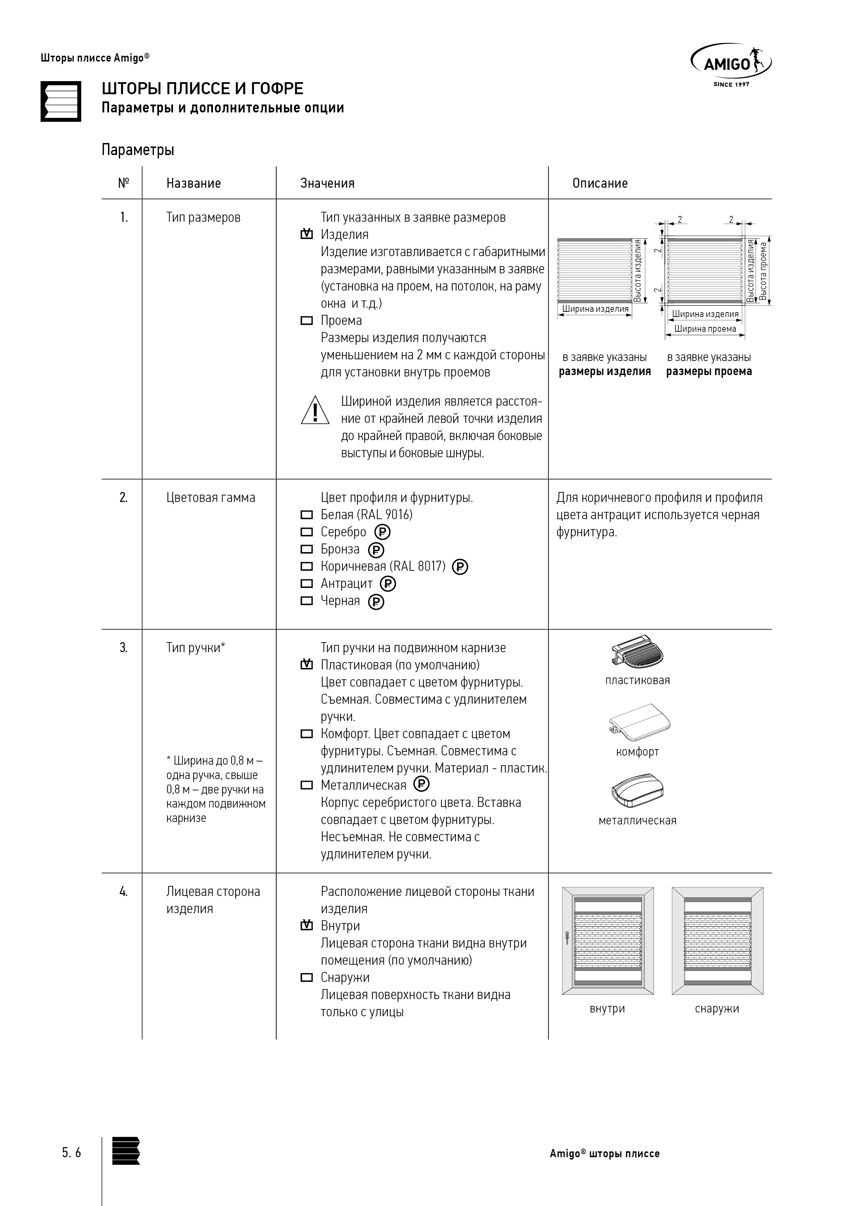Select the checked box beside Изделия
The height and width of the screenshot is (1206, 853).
point(306,234)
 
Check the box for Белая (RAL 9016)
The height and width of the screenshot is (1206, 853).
point(306,515)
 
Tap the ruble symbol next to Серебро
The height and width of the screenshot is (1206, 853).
point(382,533)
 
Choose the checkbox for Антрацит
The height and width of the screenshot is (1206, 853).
point(306,583)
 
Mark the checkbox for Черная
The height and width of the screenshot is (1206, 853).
point(306,601)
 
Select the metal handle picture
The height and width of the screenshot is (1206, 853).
point(638,790)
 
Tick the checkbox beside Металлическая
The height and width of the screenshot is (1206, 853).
point(306,785)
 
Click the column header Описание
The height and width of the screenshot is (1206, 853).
point(600,183)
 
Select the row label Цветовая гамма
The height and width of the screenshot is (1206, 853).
point(211,497)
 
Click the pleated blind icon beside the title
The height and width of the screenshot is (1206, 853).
point(61,102)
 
